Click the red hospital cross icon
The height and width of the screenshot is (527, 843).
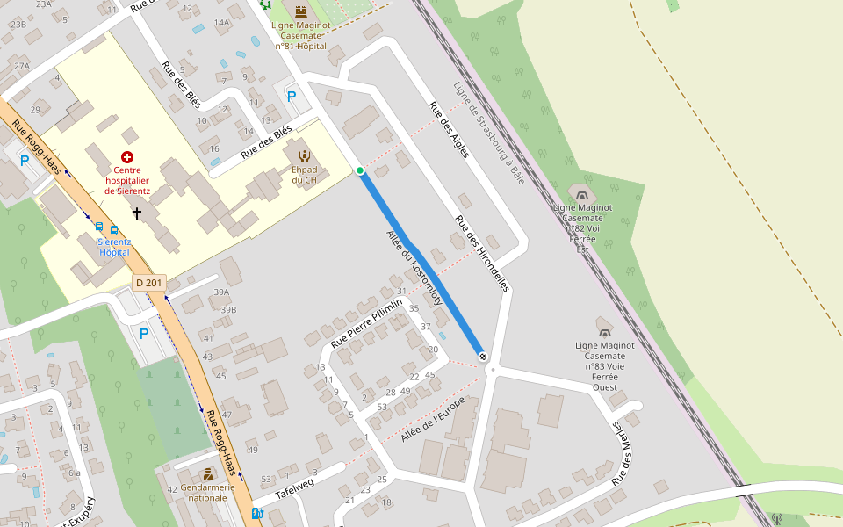tap(127, 156)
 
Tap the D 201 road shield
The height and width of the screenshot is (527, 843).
tap(149, 283)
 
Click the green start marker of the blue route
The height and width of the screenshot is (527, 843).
tap(360, 170)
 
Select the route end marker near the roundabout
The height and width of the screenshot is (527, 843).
tap(483, 355)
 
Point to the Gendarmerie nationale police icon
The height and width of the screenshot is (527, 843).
tap(207, 474)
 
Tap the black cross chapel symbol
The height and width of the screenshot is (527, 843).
tap(136, 213)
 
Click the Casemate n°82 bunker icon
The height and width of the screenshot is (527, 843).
tap(580, 191)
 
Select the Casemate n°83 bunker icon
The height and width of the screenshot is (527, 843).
tap(604, 332)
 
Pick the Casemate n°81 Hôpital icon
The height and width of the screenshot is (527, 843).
tap(301, 11)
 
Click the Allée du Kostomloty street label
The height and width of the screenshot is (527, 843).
tap(414, 268)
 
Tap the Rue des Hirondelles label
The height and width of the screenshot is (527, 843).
tap(482, 253)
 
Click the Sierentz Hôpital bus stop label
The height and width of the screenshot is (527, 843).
tap(114, 246)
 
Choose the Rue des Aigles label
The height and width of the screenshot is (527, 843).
tap(449, 129)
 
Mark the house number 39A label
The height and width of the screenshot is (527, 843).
tap(220, 292)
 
